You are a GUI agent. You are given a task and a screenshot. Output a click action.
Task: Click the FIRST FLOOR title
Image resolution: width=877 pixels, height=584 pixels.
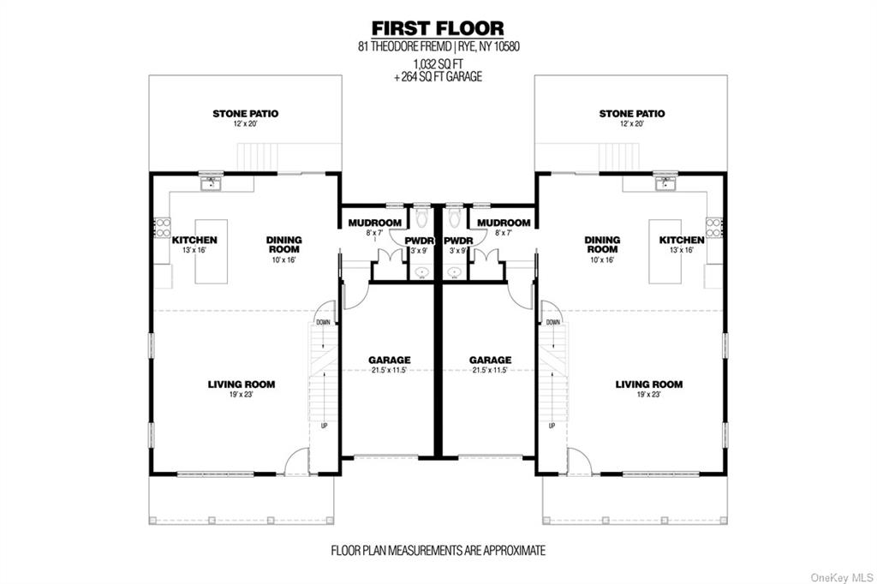click(438, 28)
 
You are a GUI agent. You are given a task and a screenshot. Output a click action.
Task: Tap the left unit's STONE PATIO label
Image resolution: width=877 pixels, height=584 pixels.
click(245, 114)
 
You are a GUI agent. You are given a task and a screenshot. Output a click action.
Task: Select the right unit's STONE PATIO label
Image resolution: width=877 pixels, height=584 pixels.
click(632, 114)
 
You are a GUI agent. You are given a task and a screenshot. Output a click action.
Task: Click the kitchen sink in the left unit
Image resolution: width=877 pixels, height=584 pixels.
click(211, 182)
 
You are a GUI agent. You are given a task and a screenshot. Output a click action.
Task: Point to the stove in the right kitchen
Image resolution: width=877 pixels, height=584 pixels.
click(713, 227)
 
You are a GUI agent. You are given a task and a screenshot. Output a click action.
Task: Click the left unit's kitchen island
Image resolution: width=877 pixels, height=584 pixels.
click(211, 252)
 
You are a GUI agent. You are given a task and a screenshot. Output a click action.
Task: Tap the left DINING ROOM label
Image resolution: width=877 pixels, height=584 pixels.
click(284, 244)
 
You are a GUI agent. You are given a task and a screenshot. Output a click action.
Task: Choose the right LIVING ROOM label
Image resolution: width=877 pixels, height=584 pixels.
click(649, 384)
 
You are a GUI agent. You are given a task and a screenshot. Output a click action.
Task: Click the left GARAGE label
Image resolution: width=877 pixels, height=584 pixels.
click(390, 360)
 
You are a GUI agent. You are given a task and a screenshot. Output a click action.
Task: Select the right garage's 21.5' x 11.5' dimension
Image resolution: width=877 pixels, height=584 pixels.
click(491, 370)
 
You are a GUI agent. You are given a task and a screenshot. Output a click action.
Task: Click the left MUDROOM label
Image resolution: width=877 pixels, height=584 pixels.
click(375, 223)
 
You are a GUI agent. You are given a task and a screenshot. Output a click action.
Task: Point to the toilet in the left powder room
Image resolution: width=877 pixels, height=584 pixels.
click(421, 218)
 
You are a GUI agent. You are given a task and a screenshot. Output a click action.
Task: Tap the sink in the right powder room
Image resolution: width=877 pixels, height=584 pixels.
click(454, 272)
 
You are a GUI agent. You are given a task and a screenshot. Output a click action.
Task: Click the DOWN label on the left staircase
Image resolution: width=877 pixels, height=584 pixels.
click(323, 322)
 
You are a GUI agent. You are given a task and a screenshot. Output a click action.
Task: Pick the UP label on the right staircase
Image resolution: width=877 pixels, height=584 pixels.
click(552, 426)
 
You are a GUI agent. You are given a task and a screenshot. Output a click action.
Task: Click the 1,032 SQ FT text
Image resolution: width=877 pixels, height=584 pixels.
click(438, 63)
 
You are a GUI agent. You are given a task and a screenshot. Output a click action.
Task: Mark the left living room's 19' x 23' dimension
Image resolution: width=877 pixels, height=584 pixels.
click(241, 395)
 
